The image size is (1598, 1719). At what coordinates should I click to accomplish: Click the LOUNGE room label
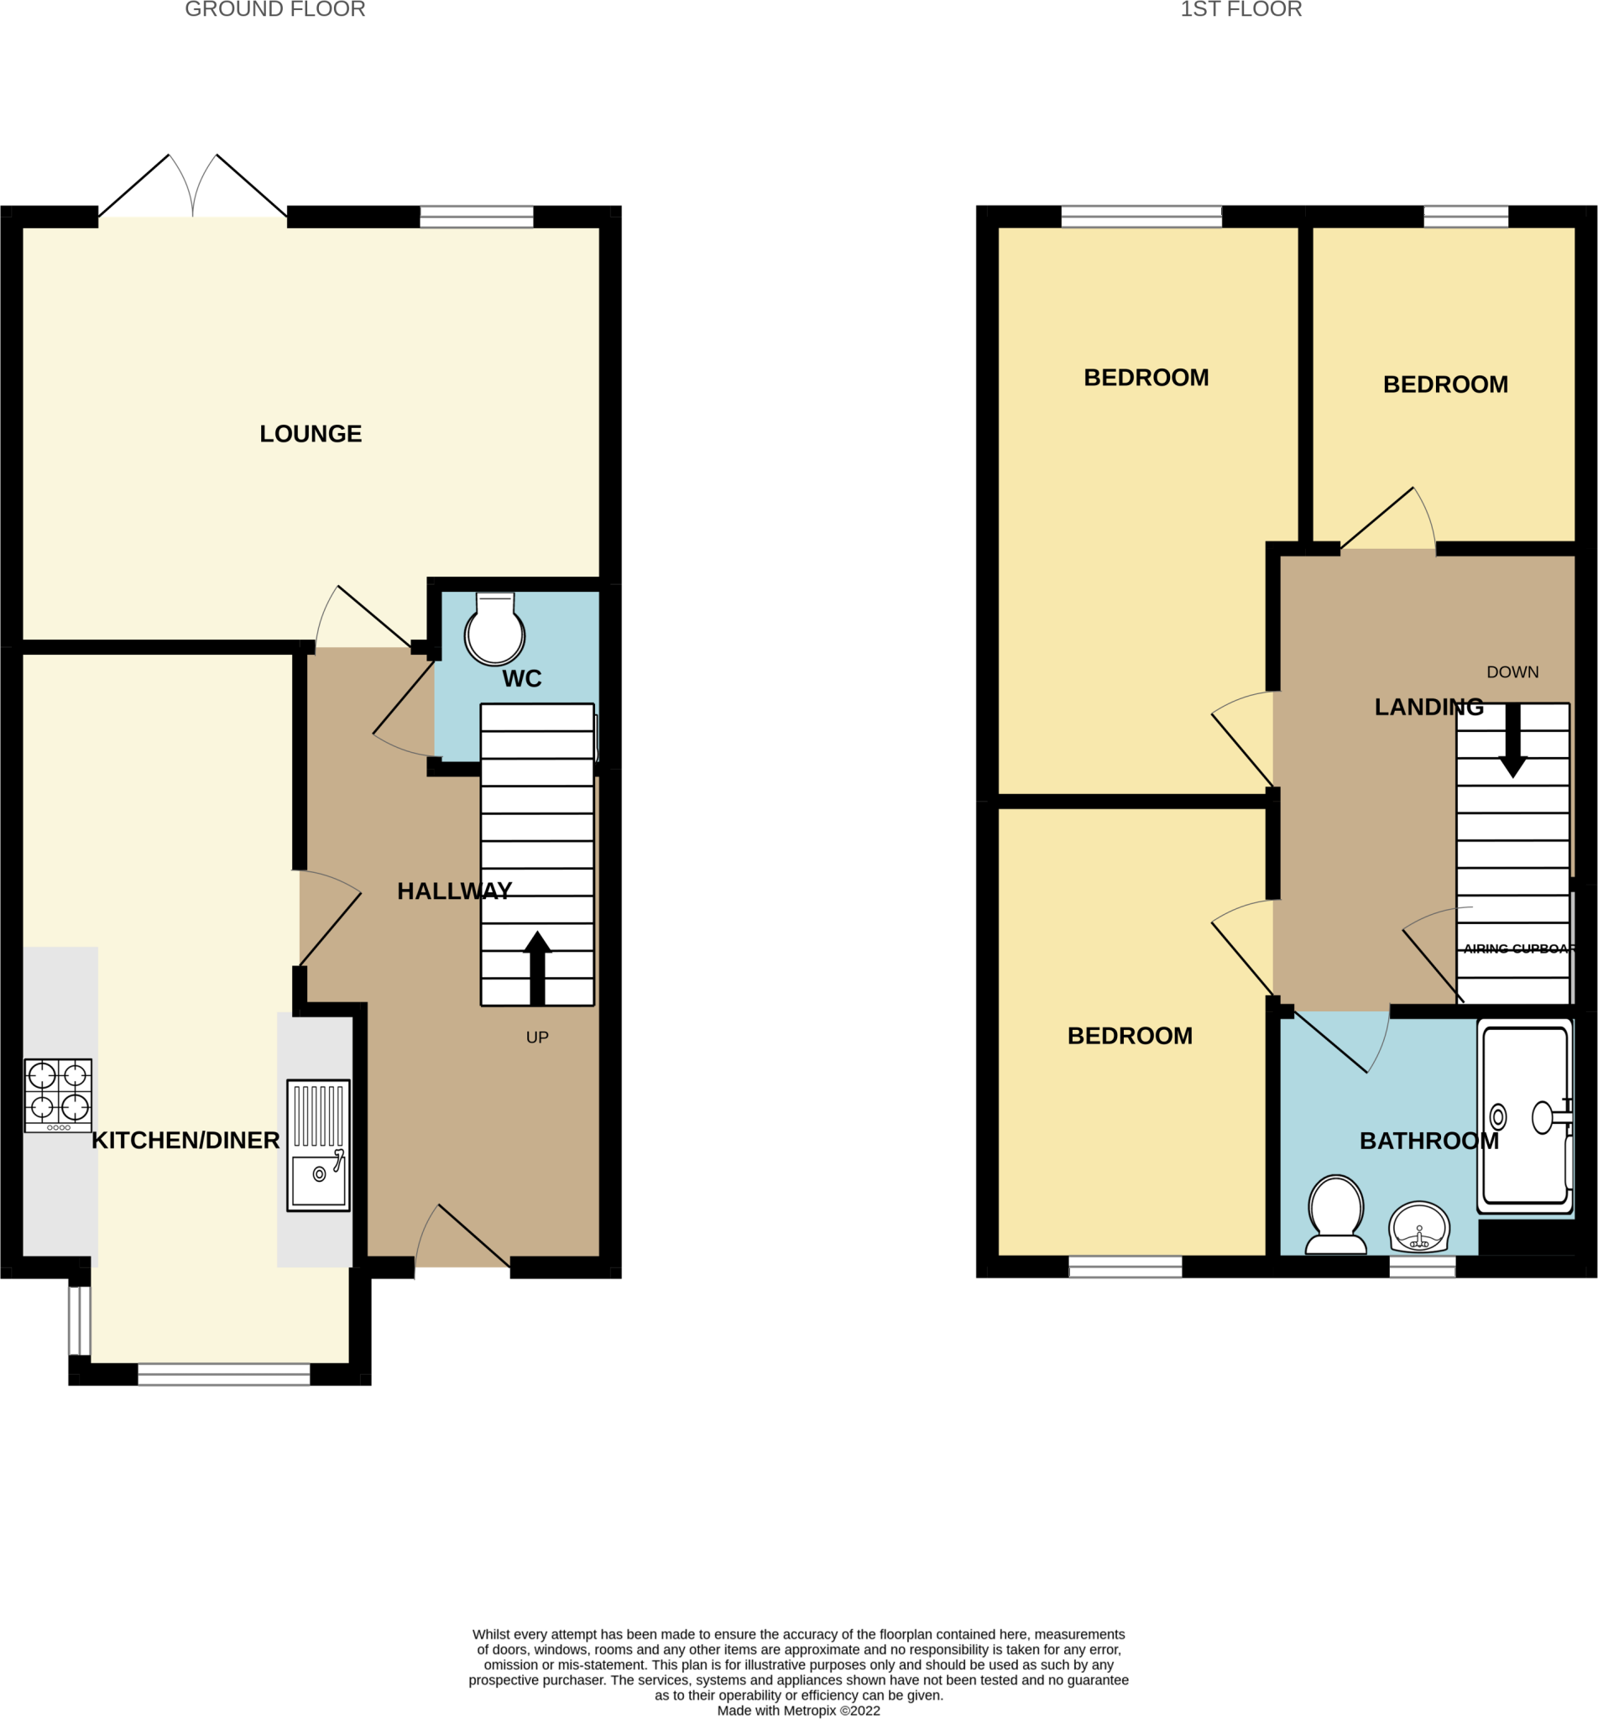click(x=311, y=434)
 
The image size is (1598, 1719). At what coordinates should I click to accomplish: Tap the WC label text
click(x=521, y=679)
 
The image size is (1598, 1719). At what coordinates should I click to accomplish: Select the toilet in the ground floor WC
click(x=494, y=630)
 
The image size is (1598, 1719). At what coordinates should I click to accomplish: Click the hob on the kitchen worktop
click(x=58, y=1095)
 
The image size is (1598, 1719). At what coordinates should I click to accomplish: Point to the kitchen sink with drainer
click(x=318, y=1145)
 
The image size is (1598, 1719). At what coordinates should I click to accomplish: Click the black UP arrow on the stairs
click(x=537, y=969)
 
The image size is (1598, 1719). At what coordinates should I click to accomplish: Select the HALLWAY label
click(x=454, y=891)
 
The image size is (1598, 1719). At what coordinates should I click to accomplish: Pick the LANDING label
click(x=1429, y=708)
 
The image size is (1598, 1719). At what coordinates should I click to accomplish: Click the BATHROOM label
click(x=1429, y=1142)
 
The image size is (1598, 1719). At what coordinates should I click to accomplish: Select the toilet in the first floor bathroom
click(x=1336, y=1213)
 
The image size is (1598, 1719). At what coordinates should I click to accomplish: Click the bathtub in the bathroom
click(x=1525, y=1116)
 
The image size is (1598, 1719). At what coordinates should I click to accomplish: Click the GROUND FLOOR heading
click(x=275, y=9)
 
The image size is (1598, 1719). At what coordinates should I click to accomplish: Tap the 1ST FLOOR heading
click(x=1240, y=9)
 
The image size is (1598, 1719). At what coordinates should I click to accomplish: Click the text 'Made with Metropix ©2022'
click(x=798, y=1711)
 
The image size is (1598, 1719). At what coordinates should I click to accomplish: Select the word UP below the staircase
click(x=537, y=1037)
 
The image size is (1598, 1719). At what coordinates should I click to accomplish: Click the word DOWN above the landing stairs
click(x=1512, y=671)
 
